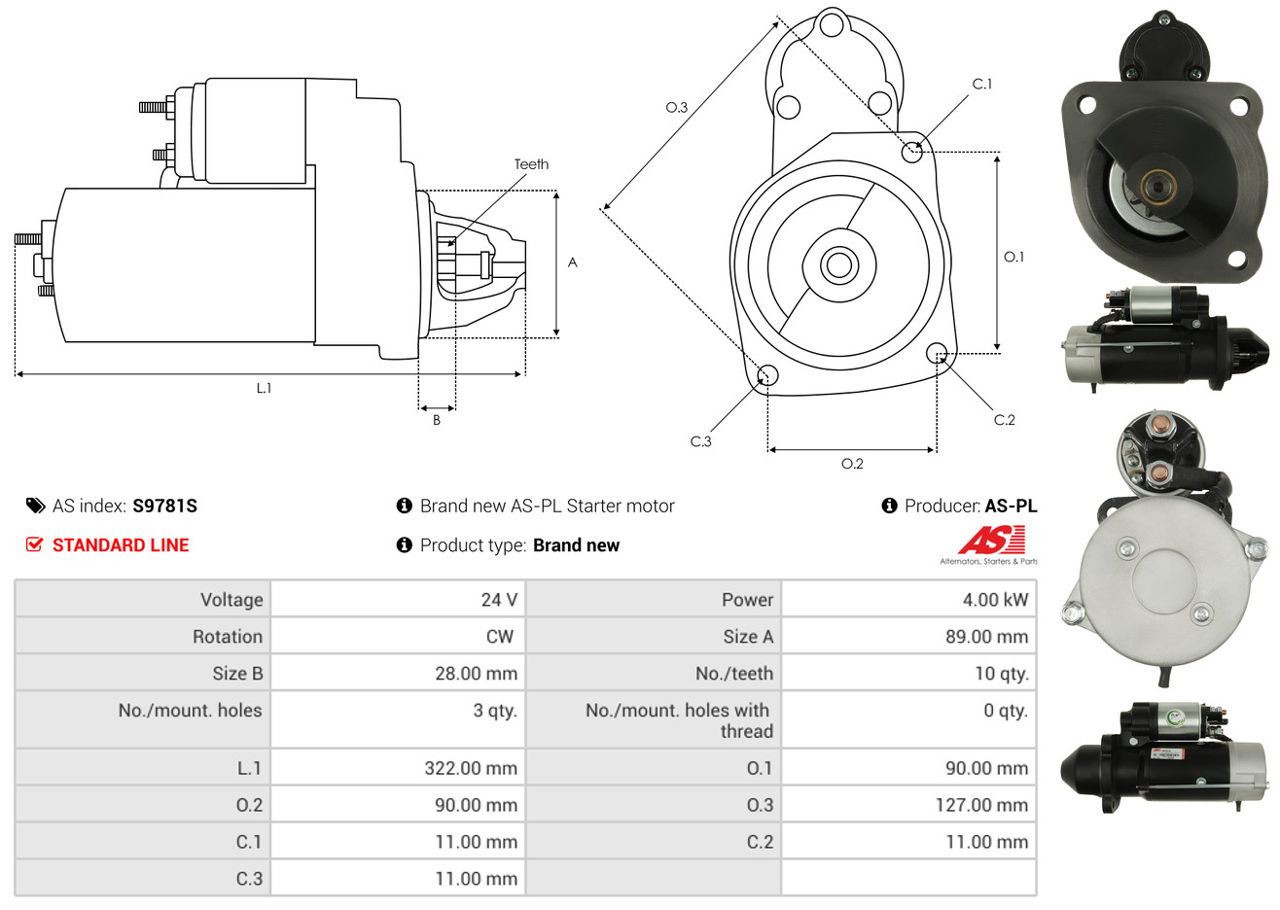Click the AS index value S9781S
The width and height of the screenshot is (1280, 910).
pyautogui.click(x=164, y=507)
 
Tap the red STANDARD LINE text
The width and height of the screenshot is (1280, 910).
pyautogui.click(x=121, y=545)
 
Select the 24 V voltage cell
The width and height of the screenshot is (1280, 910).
pyautogui.click(x=499, y=600)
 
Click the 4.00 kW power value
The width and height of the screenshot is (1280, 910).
pyautogui.click(x=995, y=600)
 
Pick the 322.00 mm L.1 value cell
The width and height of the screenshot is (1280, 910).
pyautogui.click(x=471, y=768)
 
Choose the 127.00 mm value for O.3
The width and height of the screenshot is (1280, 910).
pyautogui.click(x=981, y=805)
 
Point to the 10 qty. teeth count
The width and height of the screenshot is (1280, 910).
pyautogui.click(x=1002, y=674)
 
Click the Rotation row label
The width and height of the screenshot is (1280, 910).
pyautogui.click(x=228, y=637)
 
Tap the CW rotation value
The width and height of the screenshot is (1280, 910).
pyautogui.click(x=499, y=637)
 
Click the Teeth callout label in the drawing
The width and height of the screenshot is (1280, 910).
pyautogui.click(x=531, y=164)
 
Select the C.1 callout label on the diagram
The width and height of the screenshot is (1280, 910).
pyautogui.click(x=981, y=84)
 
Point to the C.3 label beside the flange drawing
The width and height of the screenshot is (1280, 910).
pyautogui.click(x=700, y=441)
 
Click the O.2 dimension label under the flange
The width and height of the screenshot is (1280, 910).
pyautogui.click(x=852, y=464)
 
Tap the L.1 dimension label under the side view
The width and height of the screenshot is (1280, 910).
pyautogui.click(x=264, y=389)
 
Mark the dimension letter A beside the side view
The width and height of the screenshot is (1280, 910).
pyautogui.click(x=573, y=262)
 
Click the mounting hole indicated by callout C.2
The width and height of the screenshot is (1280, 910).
pyautogui.click(x=937, y=353)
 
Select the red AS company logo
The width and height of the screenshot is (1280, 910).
pyautogui.click(x=991, y=541)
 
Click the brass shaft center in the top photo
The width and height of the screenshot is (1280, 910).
pyautogui.click(x=1157, y=187)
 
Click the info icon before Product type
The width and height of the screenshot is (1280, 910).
pyautogui.click(x=404, y=545)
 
